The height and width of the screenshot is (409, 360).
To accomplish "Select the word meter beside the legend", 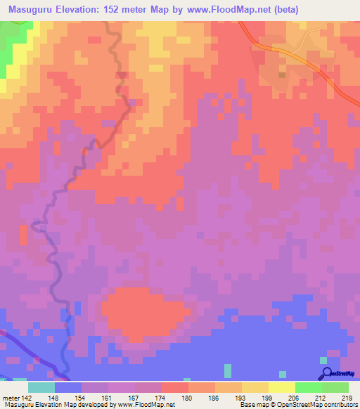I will point(10,397).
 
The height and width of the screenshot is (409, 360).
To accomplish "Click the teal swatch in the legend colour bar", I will point(41,387).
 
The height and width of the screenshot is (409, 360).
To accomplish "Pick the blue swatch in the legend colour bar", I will point(68,387).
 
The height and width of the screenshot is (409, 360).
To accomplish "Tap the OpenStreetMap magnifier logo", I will point(326,374).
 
